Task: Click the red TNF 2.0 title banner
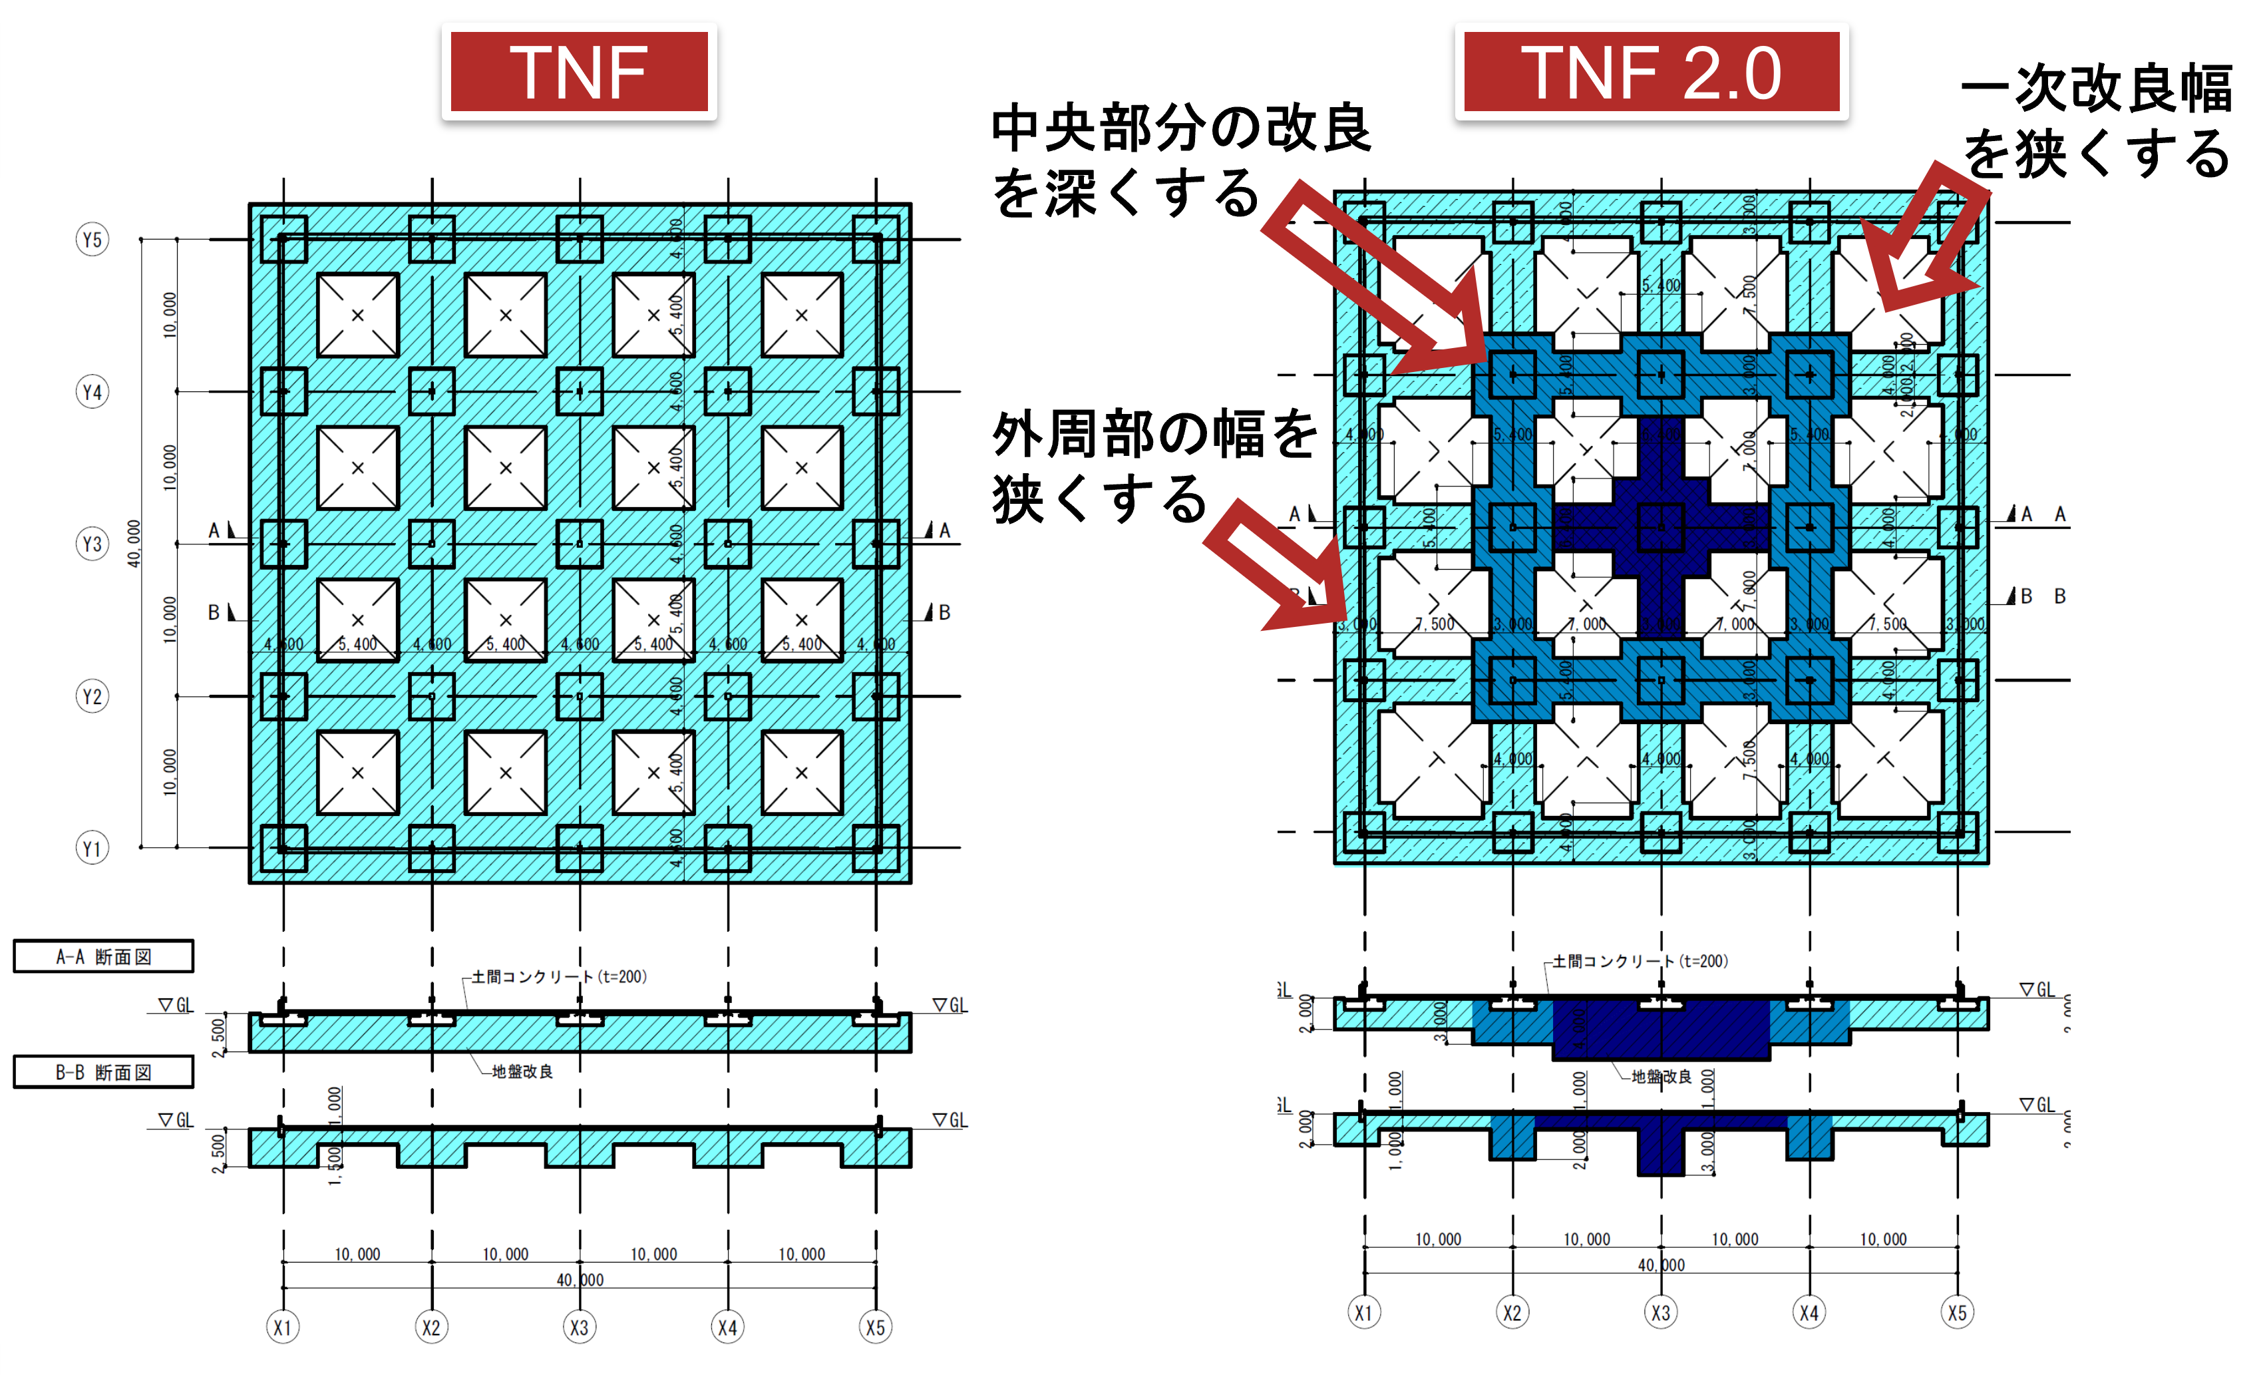point(1652,72)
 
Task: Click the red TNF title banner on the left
point(579,72)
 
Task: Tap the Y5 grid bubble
point(92,240)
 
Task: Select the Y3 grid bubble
point(92,544)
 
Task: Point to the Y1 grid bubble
point(92,848)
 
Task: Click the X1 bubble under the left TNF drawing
point(282,1327)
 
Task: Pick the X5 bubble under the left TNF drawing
point(875,1327)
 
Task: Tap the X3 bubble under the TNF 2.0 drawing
point(1661,1312)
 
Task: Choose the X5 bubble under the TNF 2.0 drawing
point(1957,1312)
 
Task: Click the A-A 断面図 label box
point(103,956)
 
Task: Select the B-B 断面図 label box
point(103,1072)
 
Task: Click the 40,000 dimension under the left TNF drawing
point(580,1279)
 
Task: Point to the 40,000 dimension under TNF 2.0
point(1661,1265)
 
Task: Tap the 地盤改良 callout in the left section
point(522,1072)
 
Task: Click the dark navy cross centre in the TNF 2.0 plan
point(1661,527)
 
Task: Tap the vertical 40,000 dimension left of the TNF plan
point(134,543)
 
